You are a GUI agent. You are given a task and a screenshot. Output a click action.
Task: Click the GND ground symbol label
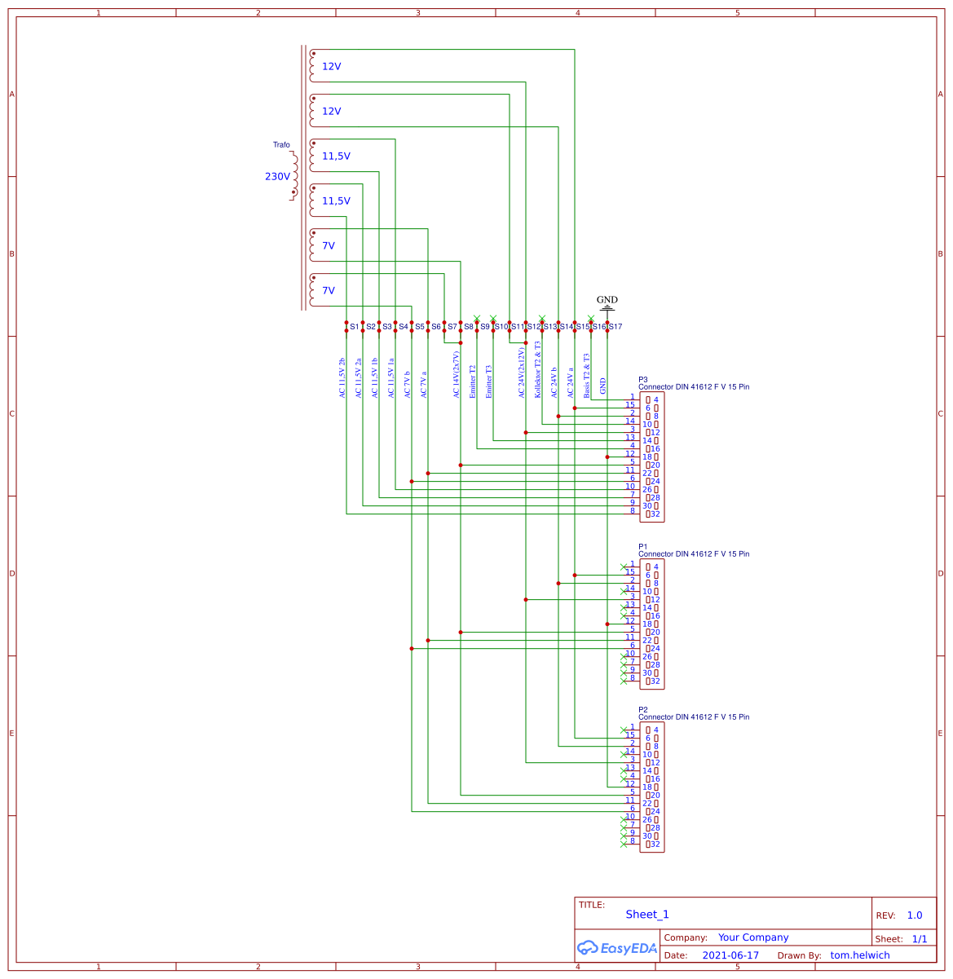click(x=607, y=300)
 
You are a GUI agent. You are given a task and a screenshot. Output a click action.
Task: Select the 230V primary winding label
click(x=277, y=177)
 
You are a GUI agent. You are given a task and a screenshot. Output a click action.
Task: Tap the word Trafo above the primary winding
click(x=281, y=145)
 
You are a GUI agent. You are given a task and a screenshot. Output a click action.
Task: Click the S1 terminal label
click(x=355, y=327)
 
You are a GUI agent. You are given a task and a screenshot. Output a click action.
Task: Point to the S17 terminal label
click(x=615, y=327)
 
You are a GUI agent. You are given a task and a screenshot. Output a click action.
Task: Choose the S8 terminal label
click(x=469, y=327)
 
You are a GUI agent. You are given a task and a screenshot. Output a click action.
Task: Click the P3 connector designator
click(x=643, y=380)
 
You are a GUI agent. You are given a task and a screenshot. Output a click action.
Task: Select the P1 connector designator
click(x=643, y=547)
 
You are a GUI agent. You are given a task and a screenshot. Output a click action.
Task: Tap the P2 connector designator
click(x=643, y=710)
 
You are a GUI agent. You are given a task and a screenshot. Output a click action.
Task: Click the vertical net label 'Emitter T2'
click(x=473, y=381)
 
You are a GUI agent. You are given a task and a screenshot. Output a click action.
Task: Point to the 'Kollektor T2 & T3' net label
click(x=538, y=369)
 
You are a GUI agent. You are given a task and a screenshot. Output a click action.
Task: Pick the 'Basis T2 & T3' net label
click(x=587, y=376)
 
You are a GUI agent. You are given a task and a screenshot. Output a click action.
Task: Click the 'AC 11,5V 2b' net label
click(x=342, y=377)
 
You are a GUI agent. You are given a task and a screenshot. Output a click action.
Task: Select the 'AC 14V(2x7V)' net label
click(x=457, y=374)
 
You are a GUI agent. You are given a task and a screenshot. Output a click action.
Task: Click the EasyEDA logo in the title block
click(x=616, y=948)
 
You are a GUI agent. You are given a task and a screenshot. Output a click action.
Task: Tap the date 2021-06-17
click(x=730, y=955)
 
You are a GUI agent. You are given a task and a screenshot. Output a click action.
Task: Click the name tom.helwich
click(x=860, y=955)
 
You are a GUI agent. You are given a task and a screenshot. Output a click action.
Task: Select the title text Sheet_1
click(x=647, y=915)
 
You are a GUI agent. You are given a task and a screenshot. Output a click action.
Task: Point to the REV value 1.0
click(x=915, y=915)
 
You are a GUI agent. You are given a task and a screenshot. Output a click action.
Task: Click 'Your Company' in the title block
click(x=753, y=937)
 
